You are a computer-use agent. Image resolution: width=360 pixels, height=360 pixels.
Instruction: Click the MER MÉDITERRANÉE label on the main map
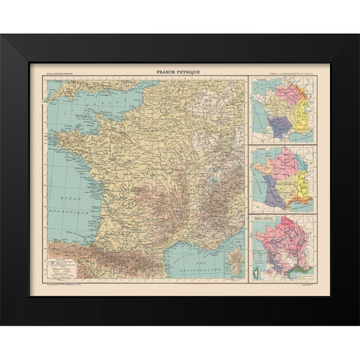[196, 268]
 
